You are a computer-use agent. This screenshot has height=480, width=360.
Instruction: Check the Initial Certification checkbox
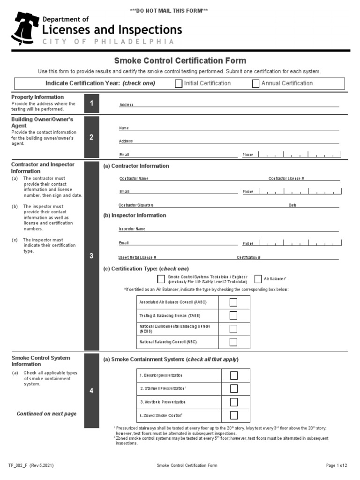click(x=179, y=84)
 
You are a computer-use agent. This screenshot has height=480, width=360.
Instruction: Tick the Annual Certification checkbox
click(x=255, y=84)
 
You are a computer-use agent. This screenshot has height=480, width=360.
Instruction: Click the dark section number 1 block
click(x=92, y=103)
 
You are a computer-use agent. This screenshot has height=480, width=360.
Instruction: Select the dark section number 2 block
click(x=92, y=137)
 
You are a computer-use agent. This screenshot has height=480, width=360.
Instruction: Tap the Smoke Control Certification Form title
click(x=180, y=61)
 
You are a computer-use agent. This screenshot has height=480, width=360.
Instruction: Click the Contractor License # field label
click(x=286, y=179)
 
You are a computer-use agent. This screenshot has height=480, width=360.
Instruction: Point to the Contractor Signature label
click(x=136, y=205)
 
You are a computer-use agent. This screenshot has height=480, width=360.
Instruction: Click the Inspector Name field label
click(x=132, y=229)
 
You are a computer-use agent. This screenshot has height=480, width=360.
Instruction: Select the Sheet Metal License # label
click(x=137, y=257)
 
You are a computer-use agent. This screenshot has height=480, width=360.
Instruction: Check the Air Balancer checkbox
click(x=258, y=279)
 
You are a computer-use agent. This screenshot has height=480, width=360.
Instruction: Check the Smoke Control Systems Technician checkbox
click(x=161, y=279)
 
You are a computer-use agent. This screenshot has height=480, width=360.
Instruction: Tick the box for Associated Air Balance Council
click(x=233, y=302)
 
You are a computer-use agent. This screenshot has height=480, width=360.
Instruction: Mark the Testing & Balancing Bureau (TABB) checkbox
click(x=233, y=316)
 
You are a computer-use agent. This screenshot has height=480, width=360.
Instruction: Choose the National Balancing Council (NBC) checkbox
click(x=233, y=342)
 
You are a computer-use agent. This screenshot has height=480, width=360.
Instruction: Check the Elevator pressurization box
click(x=234, y=375)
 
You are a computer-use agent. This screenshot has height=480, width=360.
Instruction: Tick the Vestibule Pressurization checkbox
click(x=234, y=402)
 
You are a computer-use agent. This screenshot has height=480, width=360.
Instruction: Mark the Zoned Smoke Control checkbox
click(x=234, y=415)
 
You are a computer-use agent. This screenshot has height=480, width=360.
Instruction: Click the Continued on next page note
click(x=46, y=414)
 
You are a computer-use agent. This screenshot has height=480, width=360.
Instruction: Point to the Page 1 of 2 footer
click(x=337, y=465)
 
